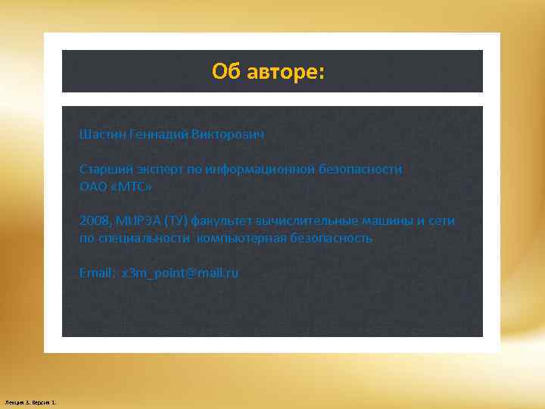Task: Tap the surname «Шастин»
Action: pyautogui.click(x=102, y=134)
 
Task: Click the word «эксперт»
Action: pyautogui.click(x=158, y=169)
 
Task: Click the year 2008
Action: pyautogui.click(x=94, y=220)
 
